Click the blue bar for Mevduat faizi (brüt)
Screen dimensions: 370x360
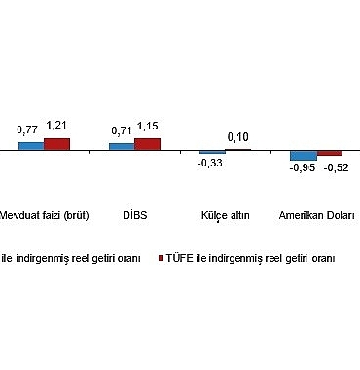[x=31, y=146]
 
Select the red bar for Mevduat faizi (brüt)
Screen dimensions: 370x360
[x=57, y=144]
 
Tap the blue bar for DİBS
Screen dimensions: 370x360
[x=122, y=147]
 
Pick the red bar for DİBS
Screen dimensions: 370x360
[x=147, y=144]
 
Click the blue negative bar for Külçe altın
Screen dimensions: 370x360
[x=212, y=153]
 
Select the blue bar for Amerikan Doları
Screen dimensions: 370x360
[x=303, y=156]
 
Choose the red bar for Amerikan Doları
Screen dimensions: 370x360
[x=329, y=154]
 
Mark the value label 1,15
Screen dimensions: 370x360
[x=148, y=126]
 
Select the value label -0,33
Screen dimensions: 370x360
[x=209, y=164]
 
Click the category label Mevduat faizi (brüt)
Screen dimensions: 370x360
[x=45, y=215]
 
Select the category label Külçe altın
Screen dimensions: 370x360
[x=225, y=215]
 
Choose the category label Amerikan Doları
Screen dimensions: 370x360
[x=316, y=215]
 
